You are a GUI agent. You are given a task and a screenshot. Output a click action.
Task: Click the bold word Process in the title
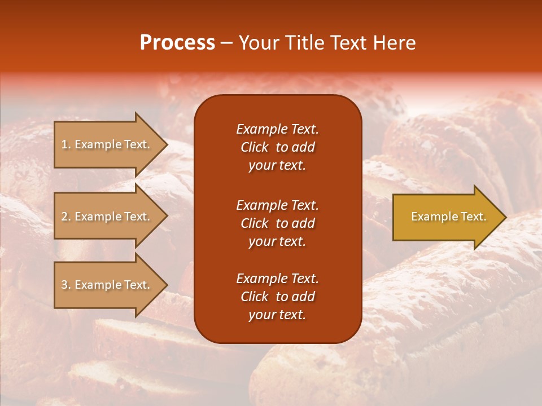tap(177, 43)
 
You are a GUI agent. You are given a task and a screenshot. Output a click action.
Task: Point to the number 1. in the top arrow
tap(66, 144)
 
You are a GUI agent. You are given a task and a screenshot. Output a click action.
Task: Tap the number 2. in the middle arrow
tap(66, 217)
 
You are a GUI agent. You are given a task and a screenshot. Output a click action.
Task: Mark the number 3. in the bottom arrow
tap(66, 285)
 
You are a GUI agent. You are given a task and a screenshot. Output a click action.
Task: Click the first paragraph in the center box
tap(277, 147)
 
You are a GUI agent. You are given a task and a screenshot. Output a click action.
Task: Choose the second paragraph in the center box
tap(277, 223)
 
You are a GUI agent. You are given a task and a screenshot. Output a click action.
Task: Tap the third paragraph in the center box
tap(277, 297)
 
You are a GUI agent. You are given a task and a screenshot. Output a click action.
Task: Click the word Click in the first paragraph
tap(254, 147)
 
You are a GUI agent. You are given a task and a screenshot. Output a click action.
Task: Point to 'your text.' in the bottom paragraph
tap(277, 315)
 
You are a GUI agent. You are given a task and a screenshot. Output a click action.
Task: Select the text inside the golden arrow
tap(448, 217)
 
